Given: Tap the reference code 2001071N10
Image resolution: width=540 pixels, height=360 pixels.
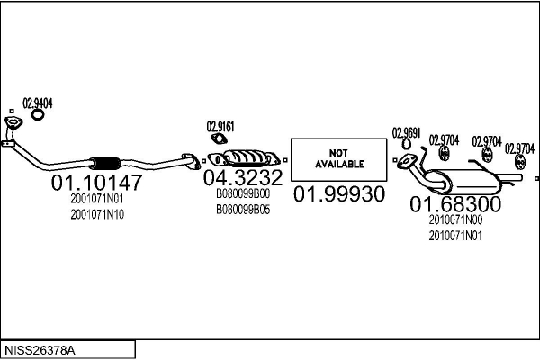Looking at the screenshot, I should click(x=97, y=214).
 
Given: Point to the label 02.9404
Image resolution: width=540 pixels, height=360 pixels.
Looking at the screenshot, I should click(x=38, y=103).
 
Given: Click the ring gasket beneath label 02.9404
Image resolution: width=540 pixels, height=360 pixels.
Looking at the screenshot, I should click(x=39, y=114).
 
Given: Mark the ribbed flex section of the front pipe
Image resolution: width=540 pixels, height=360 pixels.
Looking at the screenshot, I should click(x=106, y=163).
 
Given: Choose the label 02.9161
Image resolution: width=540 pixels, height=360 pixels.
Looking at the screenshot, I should click(x=220, y=127).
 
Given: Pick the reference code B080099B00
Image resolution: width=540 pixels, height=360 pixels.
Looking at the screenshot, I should click(x=242, y=193).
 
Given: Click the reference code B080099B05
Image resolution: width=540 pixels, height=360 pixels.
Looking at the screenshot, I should click(x=242, y=209).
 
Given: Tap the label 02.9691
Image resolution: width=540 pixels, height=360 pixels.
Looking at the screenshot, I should click(x=406, y=133).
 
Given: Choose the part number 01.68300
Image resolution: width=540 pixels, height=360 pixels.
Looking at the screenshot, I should click(x=455, y=204).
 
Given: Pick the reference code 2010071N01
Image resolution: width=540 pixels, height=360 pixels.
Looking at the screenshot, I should click(x=455, y=236).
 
